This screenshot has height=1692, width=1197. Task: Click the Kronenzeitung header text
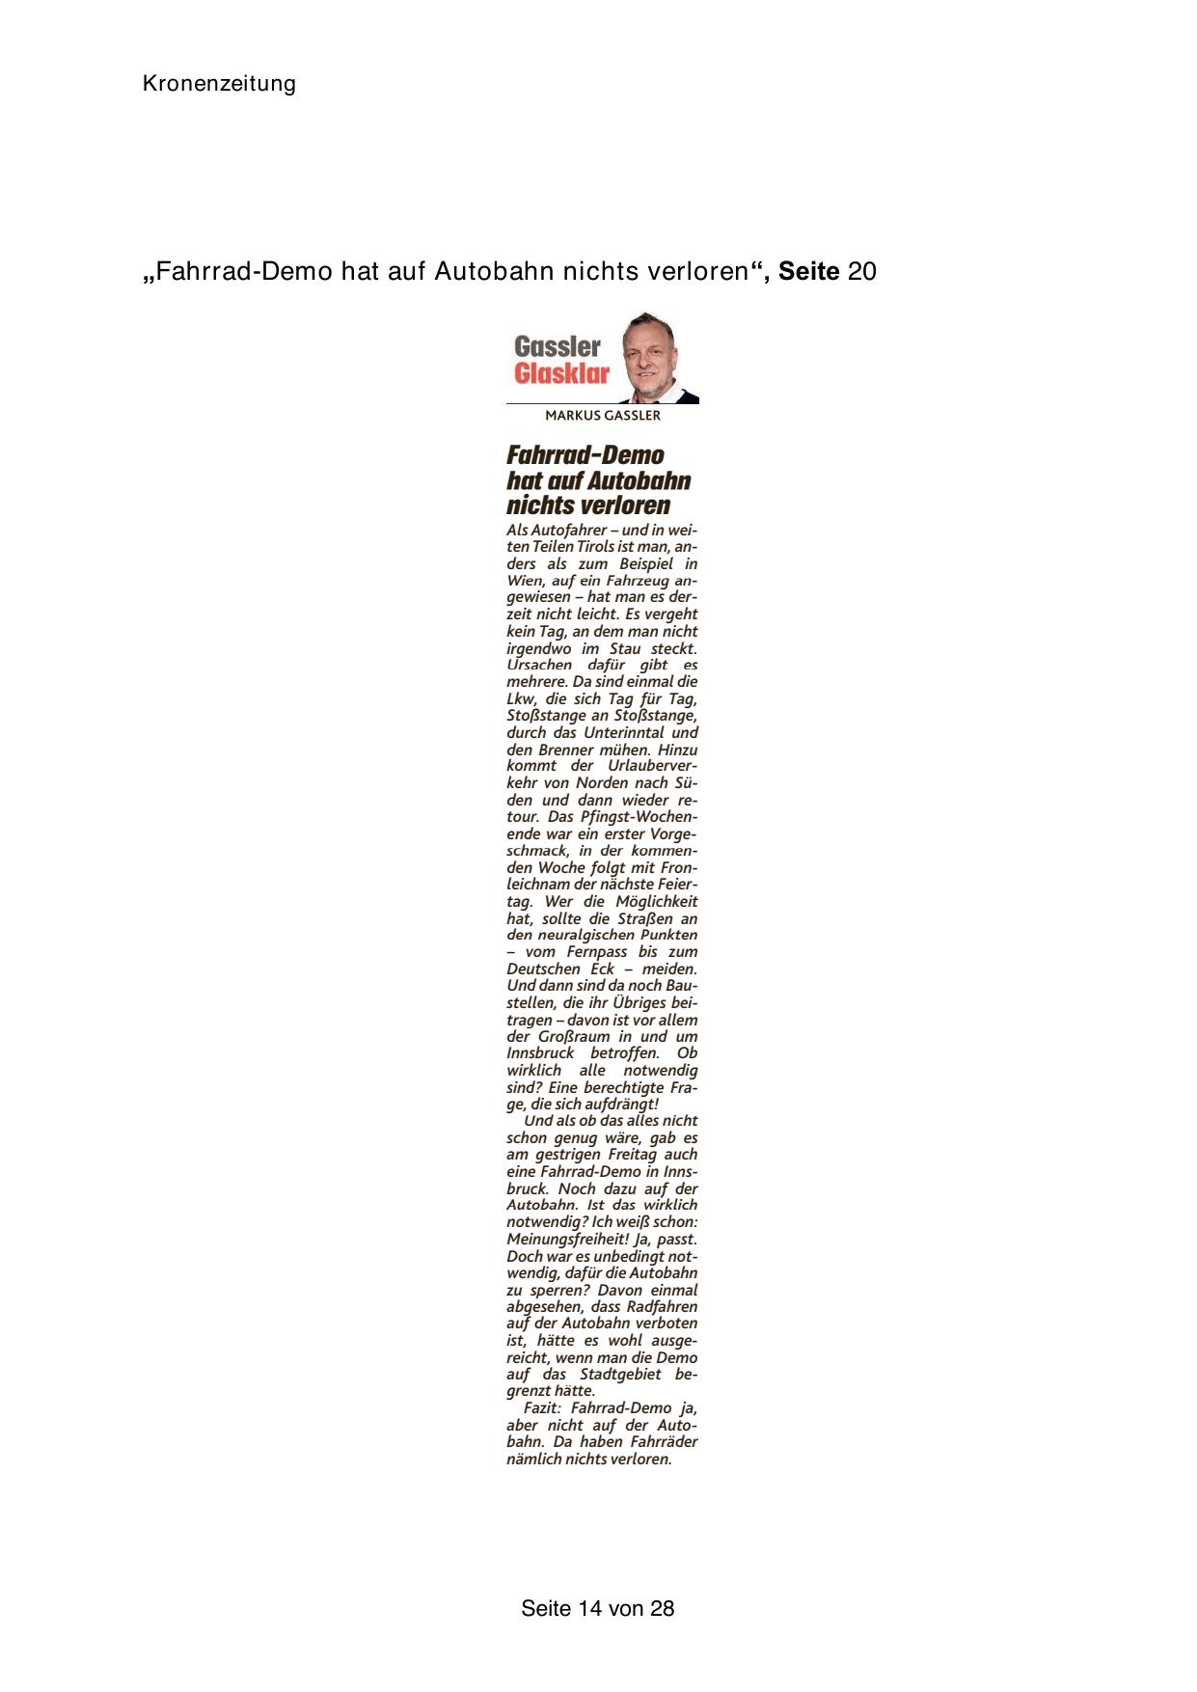click(x=219, y=84)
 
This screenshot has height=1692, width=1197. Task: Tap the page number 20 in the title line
click(x=862, y=272)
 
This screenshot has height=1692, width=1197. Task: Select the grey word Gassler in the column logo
click(x=558, y=346)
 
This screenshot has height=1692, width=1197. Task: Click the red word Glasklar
click(x=561, y=374)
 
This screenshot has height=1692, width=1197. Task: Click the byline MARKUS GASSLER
click(x=603, y=416)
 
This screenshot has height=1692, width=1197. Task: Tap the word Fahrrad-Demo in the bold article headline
click(x=585, y=455)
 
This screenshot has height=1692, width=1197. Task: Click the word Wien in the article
click(x=526, y=581)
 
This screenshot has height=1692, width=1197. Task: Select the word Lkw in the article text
click(x=520, y=698)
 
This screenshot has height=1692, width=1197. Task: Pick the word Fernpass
click(x=598, y=952)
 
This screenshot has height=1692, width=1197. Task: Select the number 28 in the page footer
click(x=663, y=1608)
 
